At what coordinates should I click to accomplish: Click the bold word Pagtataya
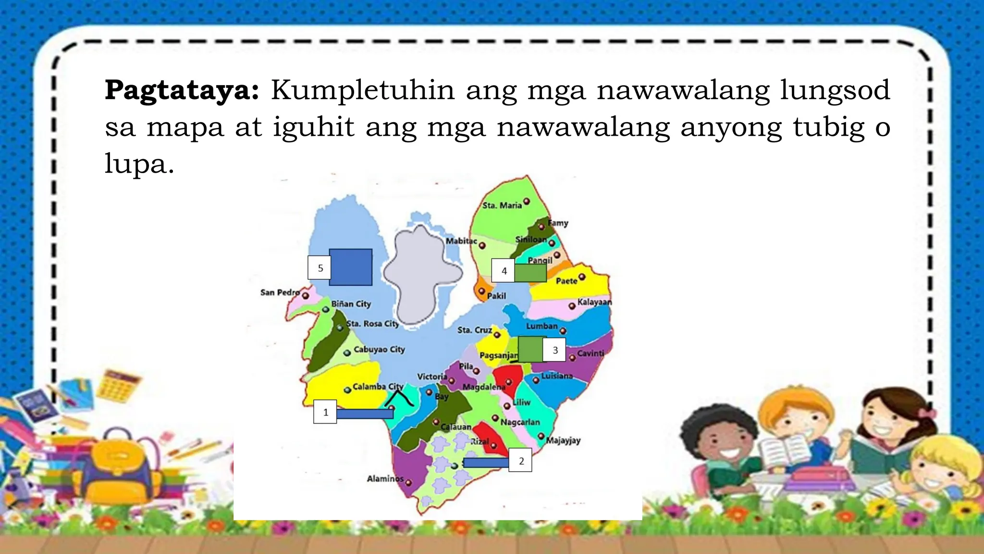pos(182,90)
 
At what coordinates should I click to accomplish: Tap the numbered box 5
pos(320,268)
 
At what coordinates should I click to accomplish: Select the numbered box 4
pos(504,271)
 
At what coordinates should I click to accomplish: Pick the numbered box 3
pos(555,350)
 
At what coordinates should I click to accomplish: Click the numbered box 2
pos(521,461)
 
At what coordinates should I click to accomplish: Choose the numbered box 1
pos(325,412)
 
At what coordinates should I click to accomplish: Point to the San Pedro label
pos(280,292)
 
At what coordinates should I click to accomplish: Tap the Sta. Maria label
pos(502,205)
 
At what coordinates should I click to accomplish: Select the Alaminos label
pos(385,478)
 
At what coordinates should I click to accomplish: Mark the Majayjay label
pos(563,440)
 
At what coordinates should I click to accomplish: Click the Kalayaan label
pos(594,302)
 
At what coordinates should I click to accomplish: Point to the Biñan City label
pos(351,304)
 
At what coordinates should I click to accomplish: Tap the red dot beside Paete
pos(582,277)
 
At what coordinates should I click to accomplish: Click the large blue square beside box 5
pos(350,267)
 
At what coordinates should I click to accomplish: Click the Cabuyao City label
pos(379,350)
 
